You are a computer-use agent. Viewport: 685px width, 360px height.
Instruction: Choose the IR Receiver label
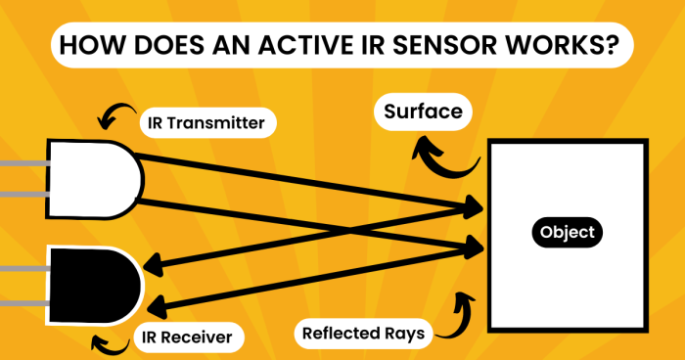coord(185,337)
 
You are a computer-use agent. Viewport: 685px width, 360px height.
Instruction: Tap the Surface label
coord(423,112)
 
